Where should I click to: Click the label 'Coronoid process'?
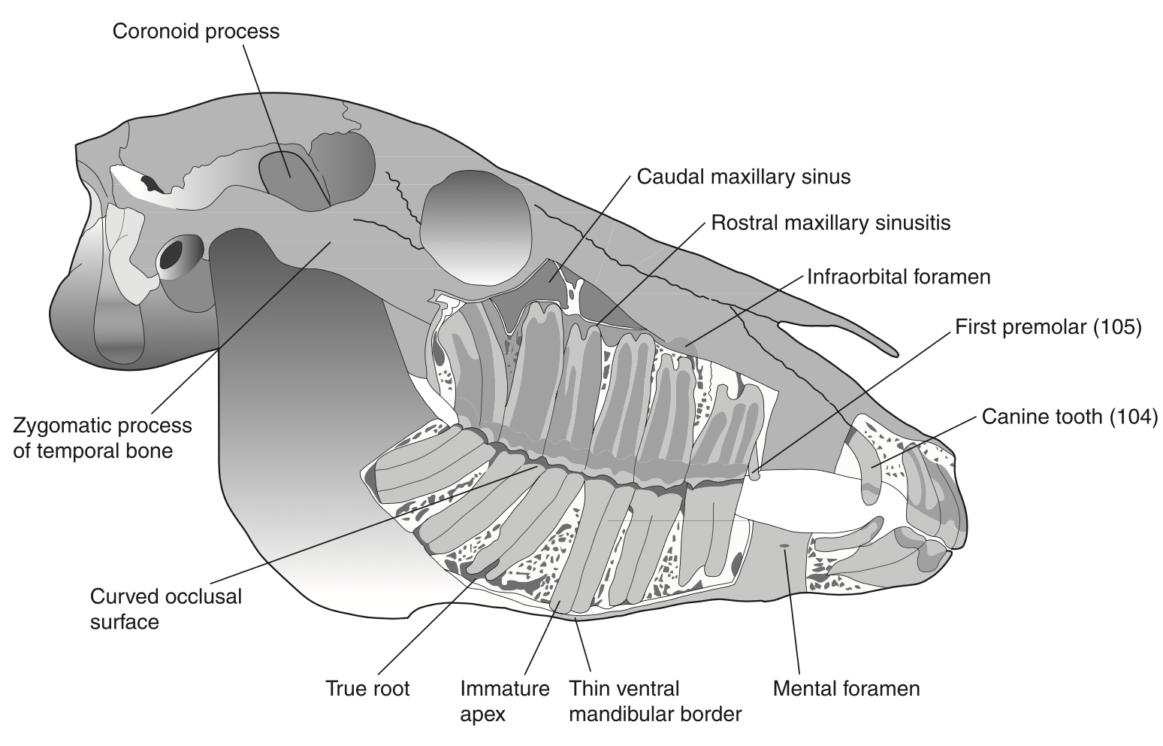(196, 32)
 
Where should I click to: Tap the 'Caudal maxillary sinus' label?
(744, 177)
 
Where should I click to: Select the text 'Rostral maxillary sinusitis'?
(831, 223)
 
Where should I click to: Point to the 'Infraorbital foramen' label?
(899, 277)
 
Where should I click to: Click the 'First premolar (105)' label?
(1048, 327)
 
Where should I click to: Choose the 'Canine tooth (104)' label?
(1070, 417)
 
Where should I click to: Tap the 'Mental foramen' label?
(846, 689)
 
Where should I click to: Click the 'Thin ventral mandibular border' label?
(655, 702)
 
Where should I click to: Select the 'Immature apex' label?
(505, 702)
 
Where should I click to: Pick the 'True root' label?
(367, 689)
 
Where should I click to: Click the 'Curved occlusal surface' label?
(166, 608)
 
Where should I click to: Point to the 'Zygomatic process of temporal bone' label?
(103, 438)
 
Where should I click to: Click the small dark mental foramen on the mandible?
(784, 546)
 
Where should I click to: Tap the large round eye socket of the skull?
(476, 228)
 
